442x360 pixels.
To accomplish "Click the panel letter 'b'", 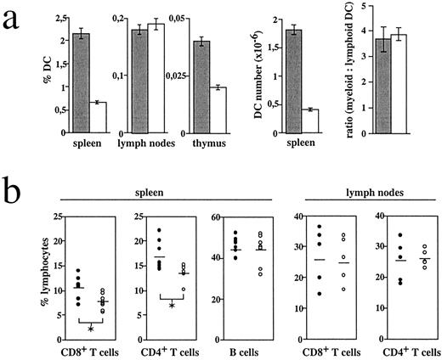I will [x=14, y=201].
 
